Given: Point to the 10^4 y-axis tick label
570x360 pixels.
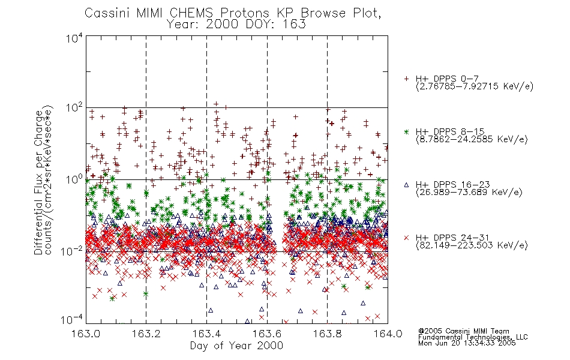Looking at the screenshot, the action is coord(74,38).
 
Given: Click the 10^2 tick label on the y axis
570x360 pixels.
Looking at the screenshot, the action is coord(74,108).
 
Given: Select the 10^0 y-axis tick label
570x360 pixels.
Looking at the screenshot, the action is coord(74,179).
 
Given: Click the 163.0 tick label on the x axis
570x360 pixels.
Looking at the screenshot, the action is coord(86,334).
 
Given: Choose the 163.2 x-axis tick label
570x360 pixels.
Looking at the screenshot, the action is coord(146,334).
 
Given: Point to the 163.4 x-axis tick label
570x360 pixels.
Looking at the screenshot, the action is coord(206,334).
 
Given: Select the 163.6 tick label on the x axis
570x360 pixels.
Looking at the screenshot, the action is coord(267,334).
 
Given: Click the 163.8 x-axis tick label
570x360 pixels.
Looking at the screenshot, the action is coord(327,334).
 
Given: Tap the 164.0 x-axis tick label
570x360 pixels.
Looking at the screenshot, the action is coord(388,334).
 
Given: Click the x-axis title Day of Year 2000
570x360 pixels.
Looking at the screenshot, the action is coord(236,346).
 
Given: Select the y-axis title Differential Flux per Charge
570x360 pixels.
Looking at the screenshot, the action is coord(38,182).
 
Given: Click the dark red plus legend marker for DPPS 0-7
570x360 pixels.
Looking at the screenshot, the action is coord(406,79).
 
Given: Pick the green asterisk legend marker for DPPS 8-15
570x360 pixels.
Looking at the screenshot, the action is coord(406,131).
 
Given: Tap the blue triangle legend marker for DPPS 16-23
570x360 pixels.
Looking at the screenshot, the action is coord(406,185).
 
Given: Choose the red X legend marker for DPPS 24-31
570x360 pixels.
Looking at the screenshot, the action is coord(406,238).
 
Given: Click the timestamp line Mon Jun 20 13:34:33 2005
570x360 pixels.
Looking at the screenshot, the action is coord(467,343).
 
